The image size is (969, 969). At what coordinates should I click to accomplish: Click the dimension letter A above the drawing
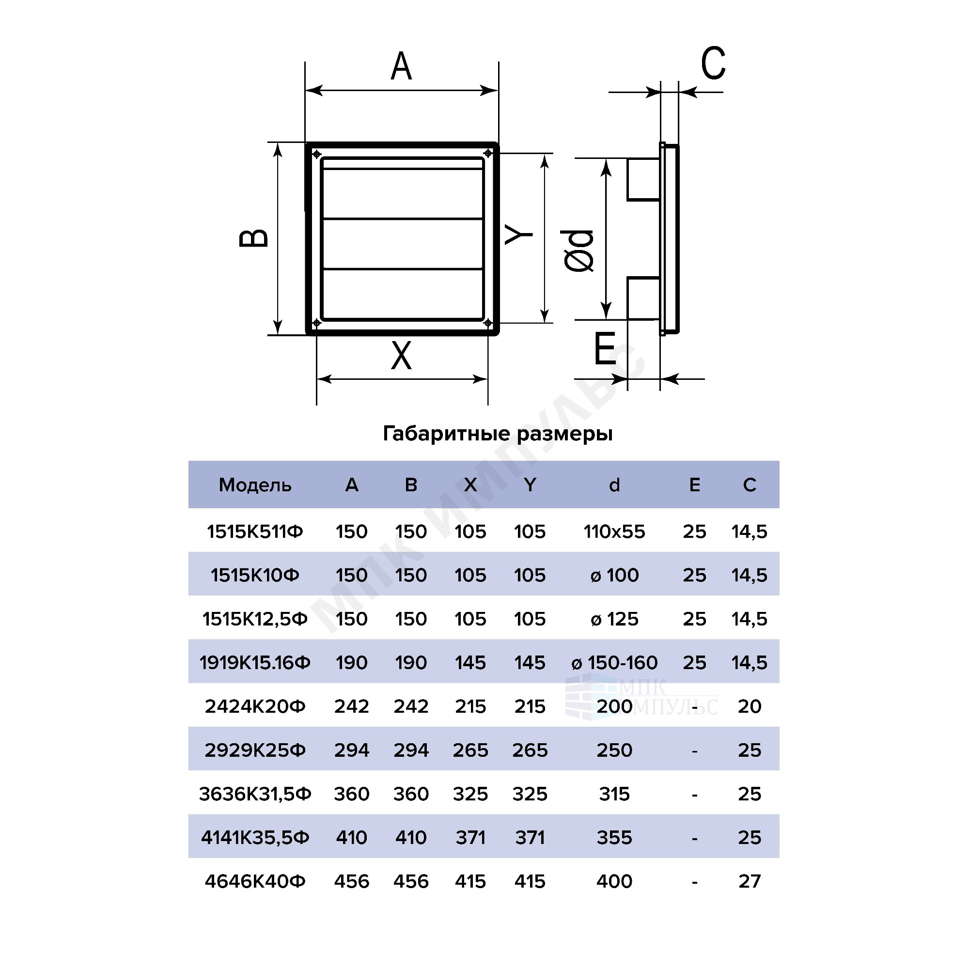[x=401, y=66]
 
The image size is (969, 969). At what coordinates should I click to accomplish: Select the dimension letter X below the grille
[x=401, y=355]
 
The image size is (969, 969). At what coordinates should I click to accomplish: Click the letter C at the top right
[x=713, y=63]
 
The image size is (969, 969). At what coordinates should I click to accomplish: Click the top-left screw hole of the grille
[x=316, y=154]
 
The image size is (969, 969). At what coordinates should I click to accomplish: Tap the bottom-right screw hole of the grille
[x=487, y=323]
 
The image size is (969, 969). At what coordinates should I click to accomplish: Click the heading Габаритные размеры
[x=498, y=433]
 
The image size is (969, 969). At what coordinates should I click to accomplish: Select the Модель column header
[x=255, y=485]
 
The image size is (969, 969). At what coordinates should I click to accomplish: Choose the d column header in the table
[x=614, y=485]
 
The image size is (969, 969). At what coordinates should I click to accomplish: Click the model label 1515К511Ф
[x=255, y=531]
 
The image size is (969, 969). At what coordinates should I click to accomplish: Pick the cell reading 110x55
[x=614, y=531]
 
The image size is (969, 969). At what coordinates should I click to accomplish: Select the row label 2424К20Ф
[x=255, y=707]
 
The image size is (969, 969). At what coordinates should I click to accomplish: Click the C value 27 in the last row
[x=750, y=881]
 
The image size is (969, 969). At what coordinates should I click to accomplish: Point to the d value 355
[x=614, y=838]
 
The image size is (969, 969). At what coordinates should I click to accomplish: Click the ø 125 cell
[x=614, y=619]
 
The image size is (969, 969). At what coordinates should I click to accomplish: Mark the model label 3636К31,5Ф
[x=255, y=794]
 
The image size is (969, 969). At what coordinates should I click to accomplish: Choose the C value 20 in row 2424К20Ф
[x=750, y=707]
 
